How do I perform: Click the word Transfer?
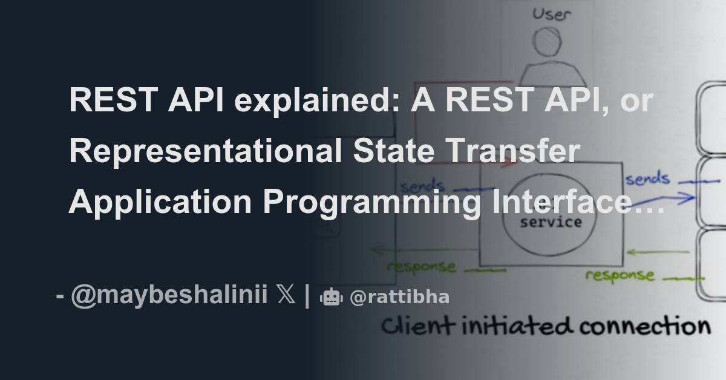pyautogui.click(x=509, y=151)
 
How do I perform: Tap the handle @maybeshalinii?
pyautogui.click(x=169, y=296)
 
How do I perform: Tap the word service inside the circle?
pyautogui.click(x=551, y=222)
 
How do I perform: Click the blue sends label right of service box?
pyautogui.click(x=647, y=179)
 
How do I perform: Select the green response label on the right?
pyautogui.click(x=619, y=275)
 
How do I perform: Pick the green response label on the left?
pyautogui.click(x=421, y=266)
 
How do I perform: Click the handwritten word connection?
pyautogui.click(x=644, y=327)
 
